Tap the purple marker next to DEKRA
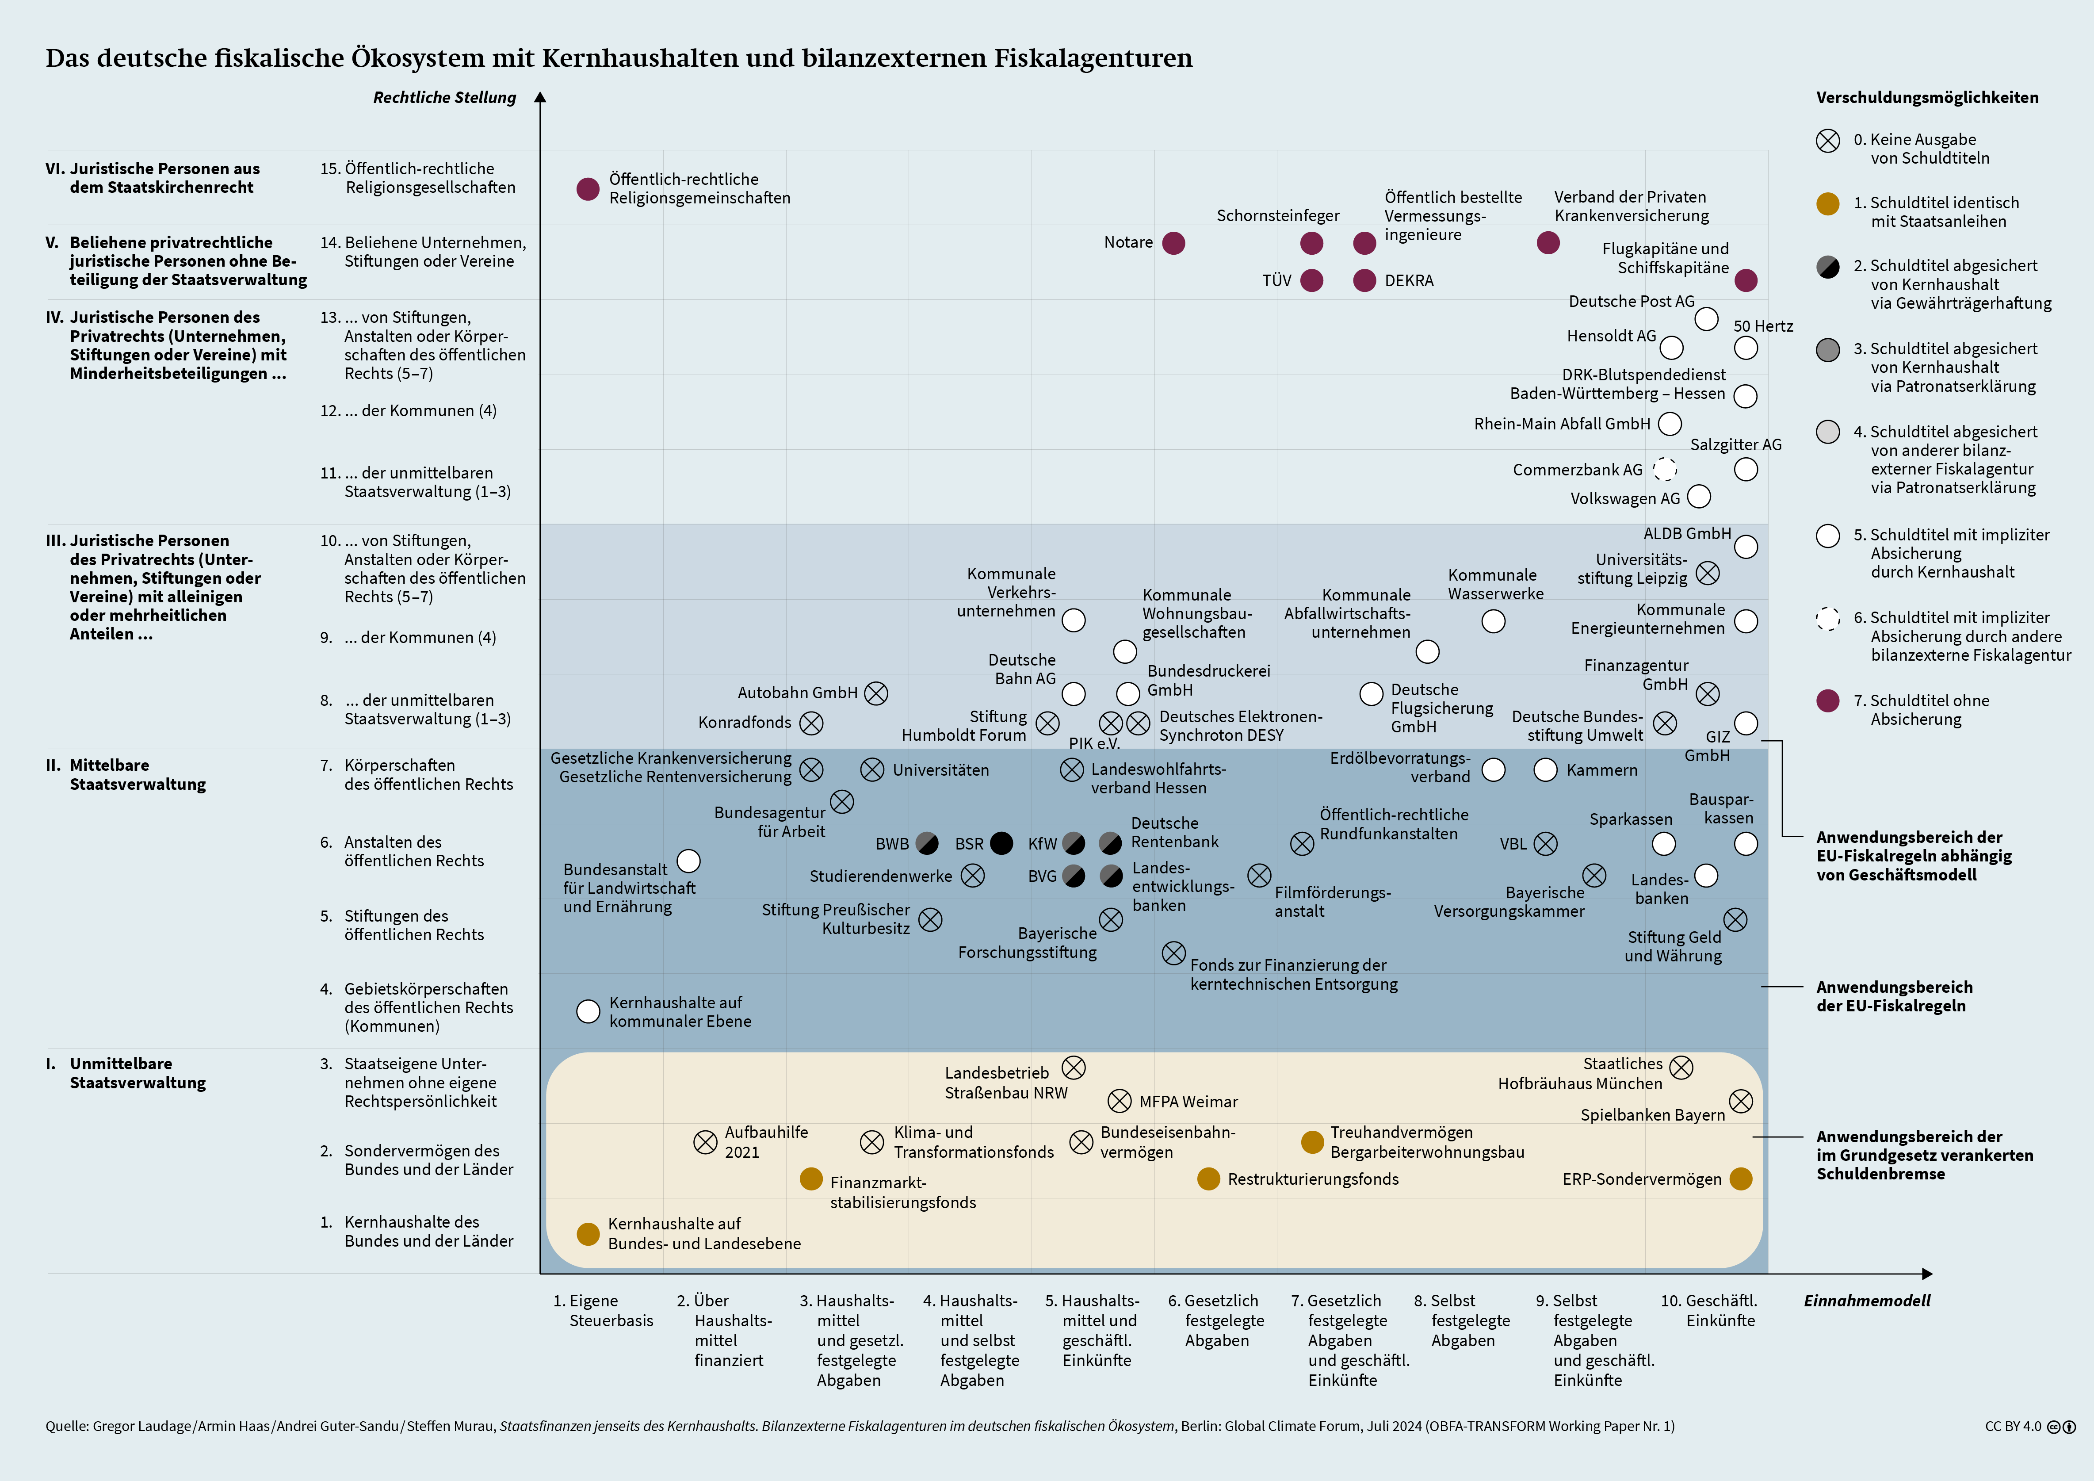[x=1364, y=280]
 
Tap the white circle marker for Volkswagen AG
[x=1698, y=497]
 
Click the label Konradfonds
[x=744, y=722]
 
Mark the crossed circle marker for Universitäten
[x=872, y=769]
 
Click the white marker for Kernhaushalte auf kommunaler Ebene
[x=588, y=1011]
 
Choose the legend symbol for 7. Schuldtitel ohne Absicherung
[x=1828, y=700]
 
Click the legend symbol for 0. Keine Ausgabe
[x=1828, y=141]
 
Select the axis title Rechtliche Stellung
[x=444, y=98]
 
